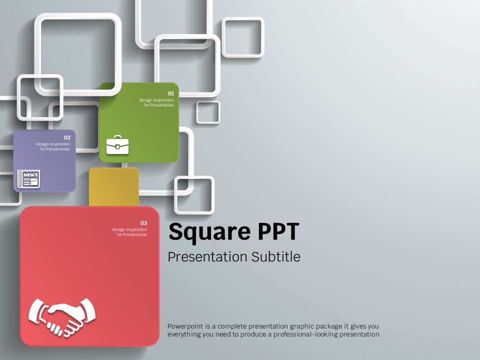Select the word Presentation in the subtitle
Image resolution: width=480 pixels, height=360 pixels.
tap(207, 257)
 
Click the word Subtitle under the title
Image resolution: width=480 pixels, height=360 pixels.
tap(276, 256)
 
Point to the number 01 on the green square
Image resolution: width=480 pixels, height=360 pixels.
tap(171, 93)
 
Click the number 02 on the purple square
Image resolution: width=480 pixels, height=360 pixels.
tap(67, 138)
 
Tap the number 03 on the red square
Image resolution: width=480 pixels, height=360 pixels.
tap(143, 223)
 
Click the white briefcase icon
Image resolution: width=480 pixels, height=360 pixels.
tap(117, 145)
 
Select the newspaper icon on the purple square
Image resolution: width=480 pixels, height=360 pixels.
tap(29, 178)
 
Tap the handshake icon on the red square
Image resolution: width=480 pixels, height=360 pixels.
tap(62, 317)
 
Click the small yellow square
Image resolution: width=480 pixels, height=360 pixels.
tap(114, 187)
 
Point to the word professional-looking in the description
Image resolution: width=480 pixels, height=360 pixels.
tap(305, 334)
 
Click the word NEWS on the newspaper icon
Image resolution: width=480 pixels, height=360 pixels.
tap(30, 175)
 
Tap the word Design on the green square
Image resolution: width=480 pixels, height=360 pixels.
tap(145, 100)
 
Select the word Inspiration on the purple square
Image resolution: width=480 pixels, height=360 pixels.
tap(60, 144)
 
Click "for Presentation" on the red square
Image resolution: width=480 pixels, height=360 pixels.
tap(132, 234)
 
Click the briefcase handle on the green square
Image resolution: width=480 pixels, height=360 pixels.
tap(117, 137)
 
